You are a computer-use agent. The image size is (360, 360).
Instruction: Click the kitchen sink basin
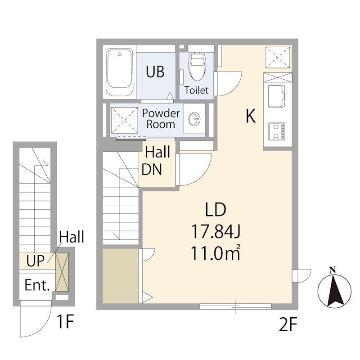coord(276,96)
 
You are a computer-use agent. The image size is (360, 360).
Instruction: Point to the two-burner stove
coord(277,131)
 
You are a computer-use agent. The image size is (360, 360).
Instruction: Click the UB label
coord(155,72)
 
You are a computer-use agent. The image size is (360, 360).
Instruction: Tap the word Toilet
coord(196,90)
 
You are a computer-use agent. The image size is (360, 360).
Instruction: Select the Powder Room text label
coord(161,119)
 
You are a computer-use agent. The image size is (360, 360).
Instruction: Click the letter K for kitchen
coord(251,116)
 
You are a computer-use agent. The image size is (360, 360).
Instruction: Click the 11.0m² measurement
coord(216,253)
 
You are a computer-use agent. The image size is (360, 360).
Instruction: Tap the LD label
coord(216,209)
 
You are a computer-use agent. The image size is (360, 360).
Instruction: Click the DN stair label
coord(152,170)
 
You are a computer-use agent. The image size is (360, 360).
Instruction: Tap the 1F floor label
coord(65,322)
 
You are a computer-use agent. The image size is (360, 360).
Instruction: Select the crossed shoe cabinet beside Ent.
coord(62,272)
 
